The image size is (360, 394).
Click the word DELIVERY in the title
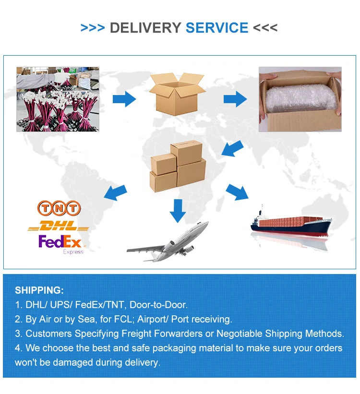point(145,27)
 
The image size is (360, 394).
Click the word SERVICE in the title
point(217,27)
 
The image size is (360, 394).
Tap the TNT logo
point(59,208)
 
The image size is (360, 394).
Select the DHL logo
point(59,226)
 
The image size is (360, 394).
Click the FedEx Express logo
point(61,243)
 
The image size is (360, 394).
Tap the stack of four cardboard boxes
point(178,164)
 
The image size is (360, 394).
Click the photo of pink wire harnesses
point(58,99)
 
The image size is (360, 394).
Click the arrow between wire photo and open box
point(124,99)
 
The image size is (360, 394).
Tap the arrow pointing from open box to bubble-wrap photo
point(235,100)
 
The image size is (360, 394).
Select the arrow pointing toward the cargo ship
point(238,191)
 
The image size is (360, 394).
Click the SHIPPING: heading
point(39,290)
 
